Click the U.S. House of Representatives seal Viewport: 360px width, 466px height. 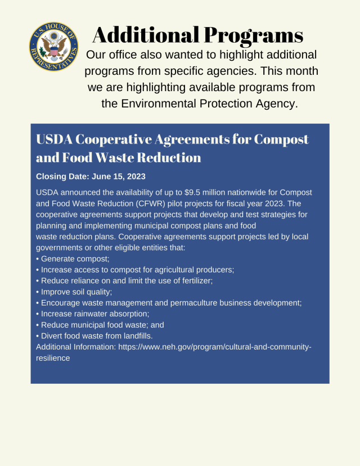[53, 46]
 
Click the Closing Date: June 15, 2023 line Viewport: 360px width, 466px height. [91, 176]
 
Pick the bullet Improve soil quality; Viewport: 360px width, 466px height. [74, 292]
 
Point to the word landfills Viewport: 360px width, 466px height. [134, 335]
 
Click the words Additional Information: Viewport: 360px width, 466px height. [75, 347]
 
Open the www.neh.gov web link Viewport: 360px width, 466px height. [214, 347]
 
